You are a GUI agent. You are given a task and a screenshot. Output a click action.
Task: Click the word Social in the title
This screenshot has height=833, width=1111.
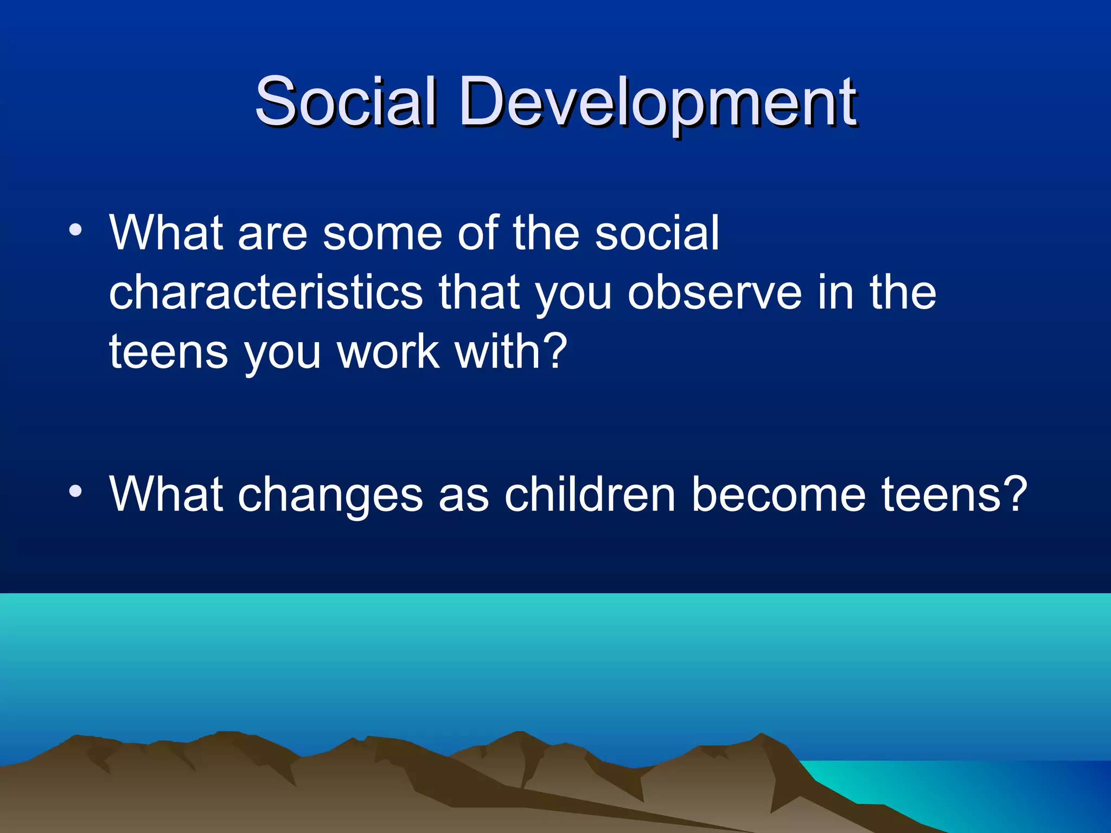pyautogui.click(x=345, y=101)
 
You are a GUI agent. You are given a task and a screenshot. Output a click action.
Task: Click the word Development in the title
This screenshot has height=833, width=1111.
pyautogui.click(x=657, y=103)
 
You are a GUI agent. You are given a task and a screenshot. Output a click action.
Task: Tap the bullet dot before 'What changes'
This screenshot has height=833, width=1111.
pyautogui.click(x=75, y=491)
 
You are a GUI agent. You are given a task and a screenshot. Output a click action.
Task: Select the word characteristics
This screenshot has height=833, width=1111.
pyautogui.click(x=265, y=293)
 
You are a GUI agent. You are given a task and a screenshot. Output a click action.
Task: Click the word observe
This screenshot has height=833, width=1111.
pyautogui.click(x=714, y=293)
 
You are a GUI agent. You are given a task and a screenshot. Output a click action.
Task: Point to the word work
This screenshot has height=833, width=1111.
pyautogui.click(x=387, y=352)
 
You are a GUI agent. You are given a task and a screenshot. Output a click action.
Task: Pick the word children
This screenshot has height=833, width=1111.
pyautogui.click(x=590, y=495)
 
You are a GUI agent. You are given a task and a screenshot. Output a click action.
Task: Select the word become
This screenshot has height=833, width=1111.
pyautogui.click(x=778, y=495)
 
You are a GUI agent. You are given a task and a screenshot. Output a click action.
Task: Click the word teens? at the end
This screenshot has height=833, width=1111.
pyautogui.click(x=954, y=495)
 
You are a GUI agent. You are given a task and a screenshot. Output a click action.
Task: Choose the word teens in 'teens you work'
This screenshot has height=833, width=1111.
pyautogui.click(x=168, y=353)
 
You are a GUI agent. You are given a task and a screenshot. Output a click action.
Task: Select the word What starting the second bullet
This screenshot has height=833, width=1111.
pyautogui.click(x=166, y=495)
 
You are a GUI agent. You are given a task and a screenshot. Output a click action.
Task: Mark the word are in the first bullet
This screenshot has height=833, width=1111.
pyautogui.click(x=272, y=234)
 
